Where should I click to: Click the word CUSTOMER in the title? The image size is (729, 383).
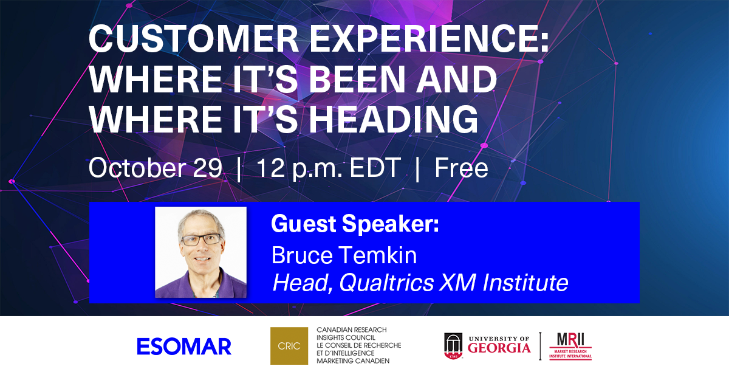[194, 39]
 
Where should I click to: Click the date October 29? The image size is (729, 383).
[156, 168]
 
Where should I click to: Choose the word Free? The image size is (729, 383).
[462, 168]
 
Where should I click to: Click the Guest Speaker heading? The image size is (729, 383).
[355, 224]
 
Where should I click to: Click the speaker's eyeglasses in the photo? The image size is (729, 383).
[201, 240]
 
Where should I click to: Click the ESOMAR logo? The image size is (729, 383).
[184, 346]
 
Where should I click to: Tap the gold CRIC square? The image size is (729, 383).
[289, 346]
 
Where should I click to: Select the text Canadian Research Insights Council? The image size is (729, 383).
[352, 334]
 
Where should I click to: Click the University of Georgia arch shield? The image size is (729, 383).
[453, 346]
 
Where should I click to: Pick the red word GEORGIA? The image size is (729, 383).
[499, 348]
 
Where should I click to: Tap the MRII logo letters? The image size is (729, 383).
[570, 340]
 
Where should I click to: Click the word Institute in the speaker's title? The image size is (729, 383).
[525, 282]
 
